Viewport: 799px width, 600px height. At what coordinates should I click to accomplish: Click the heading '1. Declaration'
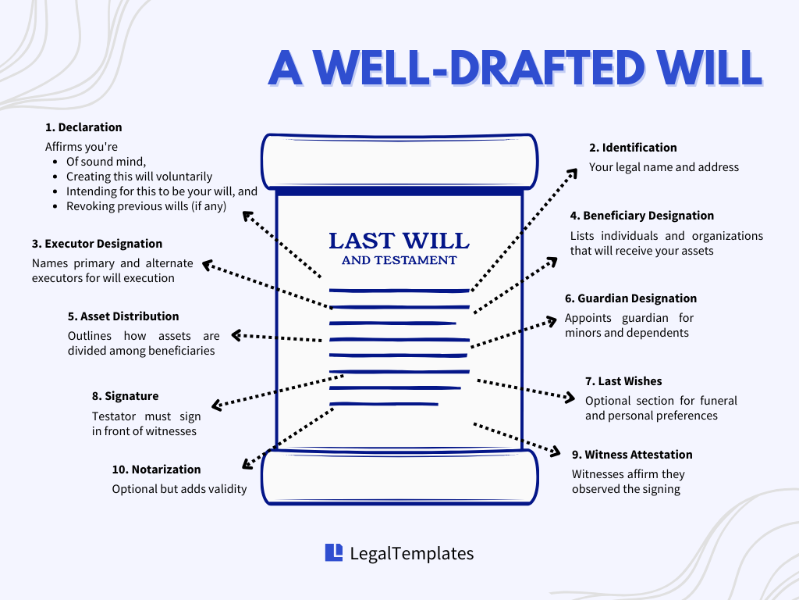(x=83, y=127)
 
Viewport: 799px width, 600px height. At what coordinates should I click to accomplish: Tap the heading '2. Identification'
(x=633, y=148)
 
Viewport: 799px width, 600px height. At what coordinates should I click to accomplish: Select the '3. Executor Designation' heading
(x=98, y=244)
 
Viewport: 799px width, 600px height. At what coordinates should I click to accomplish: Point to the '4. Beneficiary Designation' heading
(x=642, y=216)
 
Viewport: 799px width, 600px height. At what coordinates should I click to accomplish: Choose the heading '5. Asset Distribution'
(x=123, y=316)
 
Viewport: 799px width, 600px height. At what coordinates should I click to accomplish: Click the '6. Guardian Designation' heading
(x=630, y=298)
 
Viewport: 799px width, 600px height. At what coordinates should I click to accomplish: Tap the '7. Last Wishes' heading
(x=623, y=381)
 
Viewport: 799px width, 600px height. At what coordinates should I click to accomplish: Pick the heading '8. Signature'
(x=125, y=396)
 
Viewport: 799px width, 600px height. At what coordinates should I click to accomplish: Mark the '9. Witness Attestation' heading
(x=632, y=455)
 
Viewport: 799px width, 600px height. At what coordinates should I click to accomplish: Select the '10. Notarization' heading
(x=156, y=470)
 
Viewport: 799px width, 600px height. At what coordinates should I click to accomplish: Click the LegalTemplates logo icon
(x=334, y=552)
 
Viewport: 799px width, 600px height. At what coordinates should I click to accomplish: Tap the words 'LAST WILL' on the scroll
(x=399, y=241)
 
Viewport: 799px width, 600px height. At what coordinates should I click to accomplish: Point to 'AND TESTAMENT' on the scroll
(x=399, y=260)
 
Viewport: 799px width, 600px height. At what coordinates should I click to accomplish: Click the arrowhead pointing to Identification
(x=572, y=171)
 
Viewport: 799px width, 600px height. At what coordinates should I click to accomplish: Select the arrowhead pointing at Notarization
(x=247, y=464)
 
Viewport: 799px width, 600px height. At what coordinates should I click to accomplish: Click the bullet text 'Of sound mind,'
(x=106, y=162)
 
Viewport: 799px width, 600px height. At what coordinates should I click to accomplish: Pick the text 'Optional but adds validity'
(x=179, y=489)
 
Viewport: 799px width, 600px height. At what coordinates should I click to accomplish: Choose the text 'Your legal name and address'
(x=663, y=166)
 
